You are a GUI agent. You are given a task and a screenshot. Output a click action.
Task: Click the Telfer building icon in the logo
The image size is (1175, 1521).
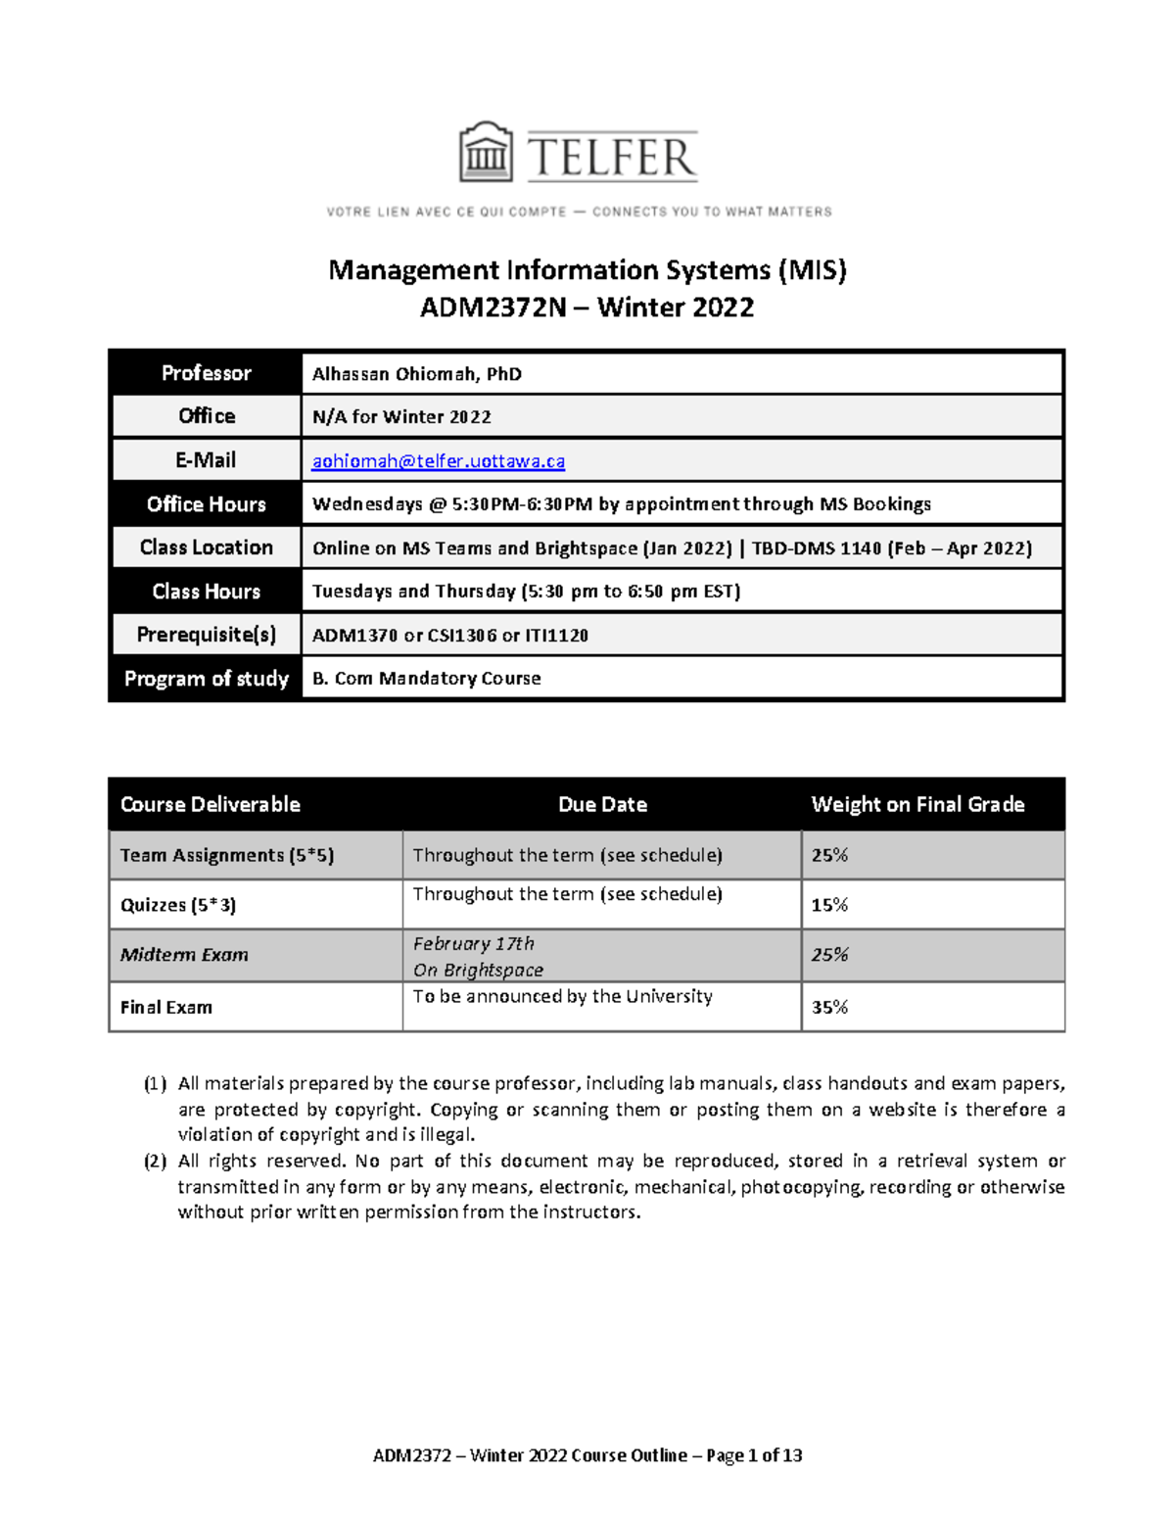coord(486,153)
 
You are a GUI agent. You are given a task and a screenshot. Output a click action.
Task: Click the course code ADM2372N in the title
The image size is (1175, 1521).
coord(493,308)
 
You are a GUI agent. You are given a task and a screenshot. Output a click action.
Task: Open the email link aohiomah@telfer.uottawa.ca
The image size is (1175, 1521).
coord(438,460)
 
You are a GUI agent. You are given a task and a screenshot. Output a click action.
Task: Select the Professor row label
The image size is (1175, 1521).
coord(206,373)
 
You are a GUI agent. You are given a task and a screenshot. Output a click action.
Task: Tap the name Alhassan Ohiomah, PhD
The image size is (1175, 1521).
coord(416,374)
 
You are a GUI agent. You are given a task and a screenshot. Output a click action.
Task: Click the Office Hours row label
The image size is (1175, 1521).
coord(206,504)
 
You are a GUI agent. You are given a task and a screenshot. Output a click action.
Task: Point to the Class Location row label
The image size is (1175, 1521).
coord(206,547)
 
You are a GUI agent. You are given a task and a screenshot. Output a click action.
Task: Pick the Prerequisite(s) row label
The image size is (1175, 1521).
coord(206,635)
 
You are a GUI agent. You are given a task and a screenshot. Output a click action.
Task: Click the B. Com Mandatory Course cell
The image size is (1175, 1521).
coord(426,679)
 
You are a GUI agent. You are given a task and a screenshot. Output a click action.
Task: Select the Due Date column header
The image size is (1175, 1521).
coord(602,805)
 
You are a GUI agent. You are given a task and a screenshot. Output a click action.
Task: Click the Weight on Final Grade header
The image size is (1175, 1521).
coord(917,805)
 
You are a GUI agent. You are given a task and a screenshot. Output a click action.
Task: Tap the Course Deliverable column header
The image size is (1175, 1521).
coord(210,805)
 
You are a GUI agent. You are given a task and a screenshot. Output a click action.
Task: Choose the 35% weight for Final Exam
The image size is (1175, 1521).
coord(829,1007)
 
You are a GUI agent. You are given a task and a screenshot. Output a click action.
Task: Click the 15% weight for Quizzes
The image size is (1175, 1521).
coord(829,905)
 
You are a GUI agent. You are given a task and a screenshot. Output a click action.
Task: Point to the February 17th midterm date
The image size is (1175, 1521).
coord(473,944)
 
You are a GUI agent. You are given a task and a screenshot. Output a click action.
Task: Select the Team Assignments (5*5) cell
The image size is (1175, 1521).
coord(227,855)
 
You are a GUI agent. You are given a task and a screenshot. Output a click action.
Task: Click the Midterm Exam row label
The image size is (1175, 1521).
coord(184,955)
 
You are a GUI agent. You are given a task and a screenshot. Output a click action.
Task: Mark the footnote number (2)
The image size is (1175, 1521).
coord(155,1162)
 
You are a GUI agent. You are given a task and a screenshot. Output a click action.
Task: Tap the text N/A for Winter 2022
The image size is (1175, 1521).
coord(401,417)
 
